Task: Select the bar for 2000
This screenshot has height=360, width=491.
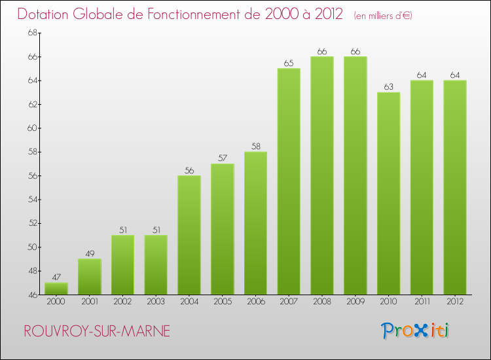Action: pos(56,289)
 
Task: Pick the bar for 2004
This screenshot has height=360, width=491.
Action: pos(189,235)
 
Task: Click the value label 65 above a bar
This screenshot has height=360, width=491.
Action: pos(289,63)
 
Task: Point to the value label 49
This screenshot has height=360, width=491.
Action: pos(90,254)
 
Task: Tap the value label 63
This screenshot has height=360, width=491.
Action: pos(389,87)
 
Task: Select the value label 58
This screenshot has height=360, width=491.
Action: pos(255,147)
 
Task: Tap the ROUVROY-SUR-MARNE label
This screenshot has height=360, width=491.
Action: pos(96,331)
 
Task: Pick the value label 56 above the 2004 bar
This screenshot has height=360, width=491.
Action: pos(189,171)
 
